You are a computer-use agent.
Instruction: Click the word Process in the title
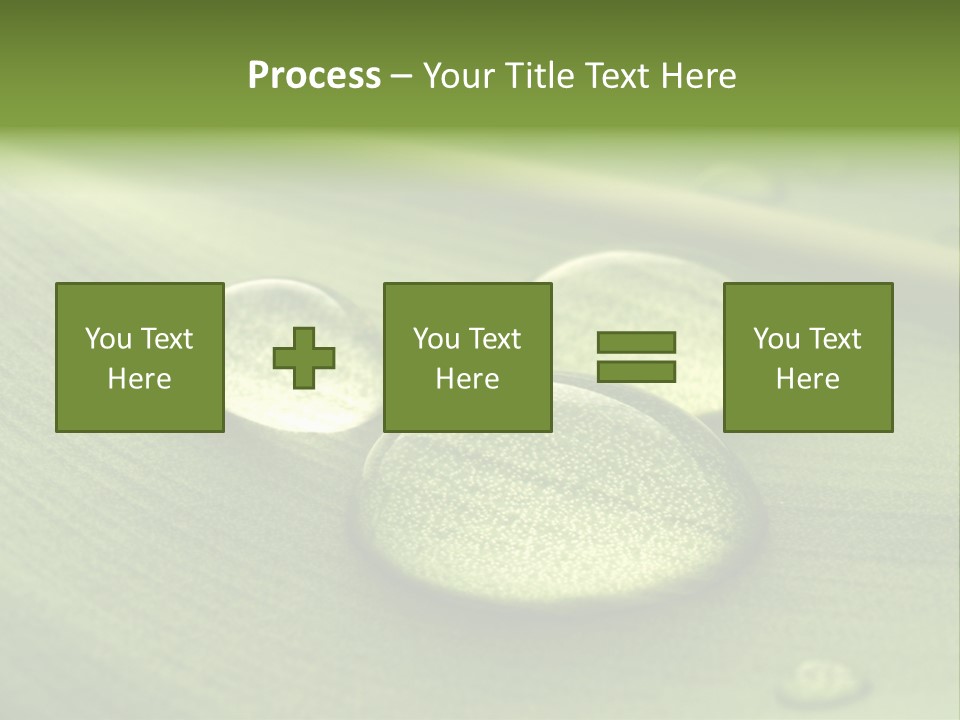tap(314, 76)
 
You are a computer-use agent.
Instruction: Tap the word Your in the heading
tap(457, 76)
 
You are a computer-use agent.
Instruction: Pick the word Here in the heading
tap(698, 76)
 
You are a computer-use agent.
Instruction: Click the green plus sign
tap(304, 358)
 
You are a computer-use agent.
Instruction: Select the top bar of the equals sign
tap(636, 342)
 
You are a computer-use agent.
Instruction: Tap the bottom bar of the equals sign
tap(636, 372)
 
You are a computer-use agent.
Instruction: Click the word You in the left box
tap(108, 339)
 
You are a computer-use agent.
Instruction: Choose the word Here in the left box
tap(139, 379)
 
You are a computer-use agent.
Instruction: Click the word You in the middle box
tap(436, 339)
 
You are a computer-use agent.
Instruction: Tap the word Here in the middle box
tap(467, 379)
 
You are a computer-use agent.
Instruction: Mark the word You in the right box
tap(776, 339)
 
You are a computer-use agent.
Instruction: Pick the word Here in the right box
tap(807, 379)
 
